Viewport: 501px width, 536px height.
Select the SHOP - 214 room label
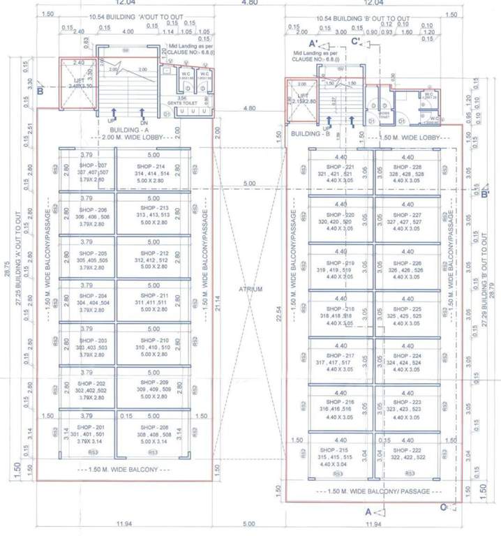click(x=150, y=167)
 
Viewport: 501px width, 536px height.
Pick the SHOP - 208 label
click(x=150, y=427)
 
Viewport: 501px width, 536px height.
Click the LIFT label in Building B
click(x=302, y=96)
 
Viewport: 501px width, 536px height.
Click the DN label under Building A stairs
click(x=143, y=121)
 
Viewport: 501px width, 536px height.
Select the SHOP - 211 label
click(x=150, y=296)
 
